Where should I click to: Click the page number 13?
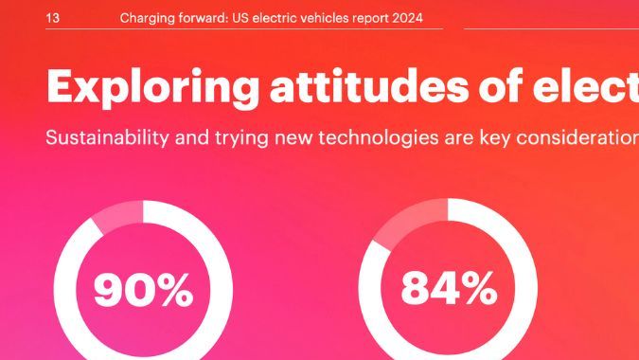[x=53, y=18]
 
